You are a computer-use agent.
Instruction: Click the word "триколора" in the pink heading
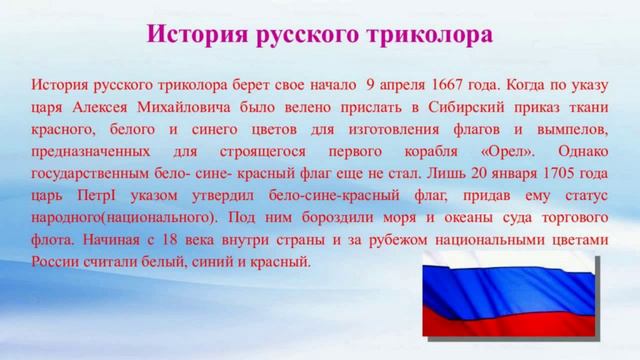(x=436, y=36)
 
